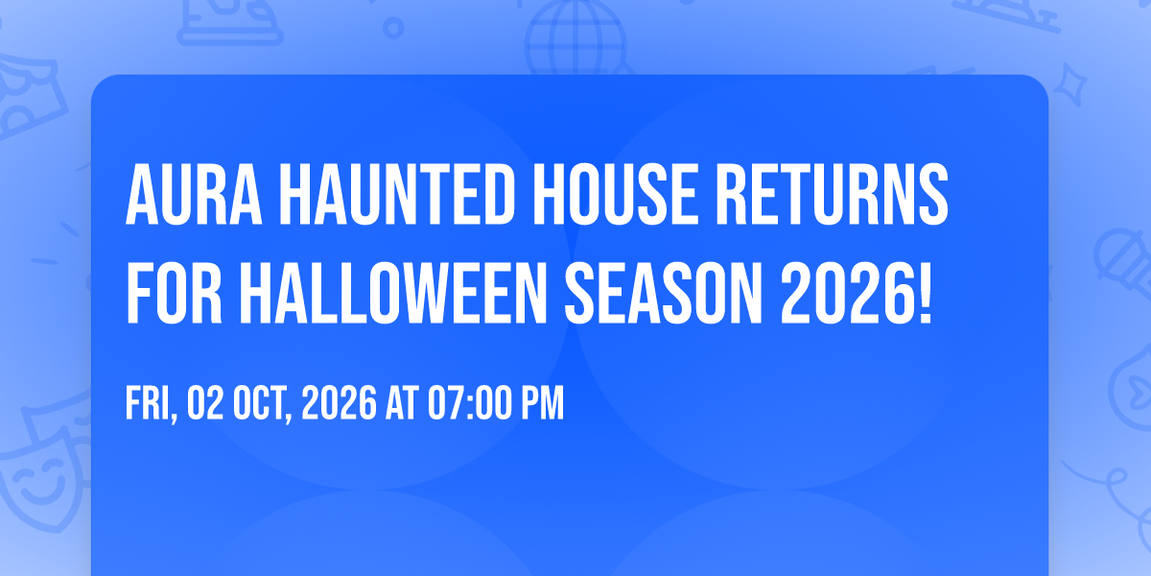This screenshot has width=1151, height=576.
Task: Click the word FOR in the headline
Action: pos(174,293)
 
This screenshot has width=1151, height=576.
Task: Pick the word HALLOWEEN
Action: pos(393,293)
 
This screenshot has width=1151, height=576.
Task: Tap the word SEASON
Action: pos(664,293)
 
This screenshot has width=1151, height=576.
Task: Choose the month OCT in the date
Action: pos(262,404)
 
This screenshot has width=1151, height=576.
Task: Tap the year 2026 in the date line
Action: pos(340,403)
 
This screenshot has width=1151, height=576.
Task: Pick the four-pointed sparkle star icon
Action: pos(1069,84)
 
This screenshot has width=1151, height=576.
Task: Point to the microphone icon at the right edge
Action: pos(1123,262)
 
